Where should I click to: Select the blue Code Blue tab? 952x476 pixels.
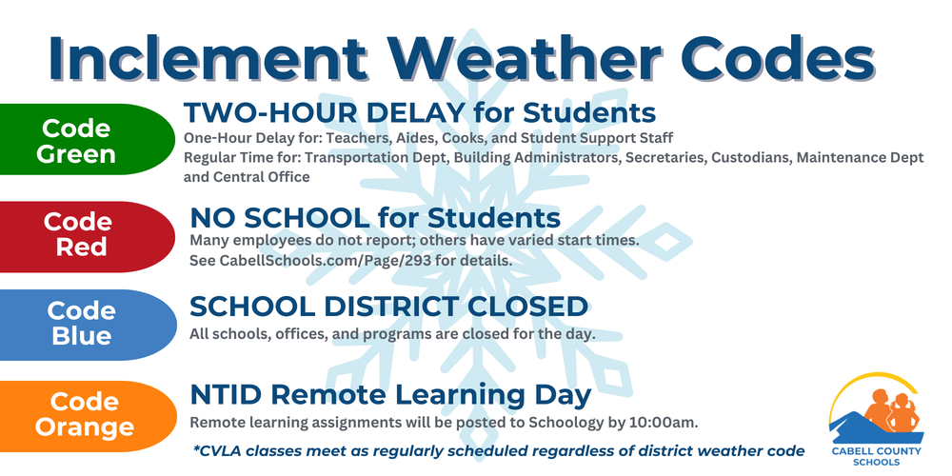pyautogui.click(x=81, y=324)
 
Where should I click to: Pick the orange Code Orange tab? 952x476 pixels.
pyautogui.click(x=84, y=414)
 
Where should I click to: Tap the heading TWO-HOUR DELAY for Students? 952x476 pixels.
pyautogui.click(x=419, y=113)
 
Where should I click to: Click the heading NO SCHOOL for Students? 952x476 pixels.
pyautogui.click(x=375, y=216)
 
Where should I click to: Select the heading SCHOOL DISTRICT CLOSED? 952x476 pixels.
pyautogui.click(x=388, y=307)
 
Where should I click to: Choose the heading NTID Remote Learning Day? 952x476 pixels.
pyautogui.click(x=390, y=394)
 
